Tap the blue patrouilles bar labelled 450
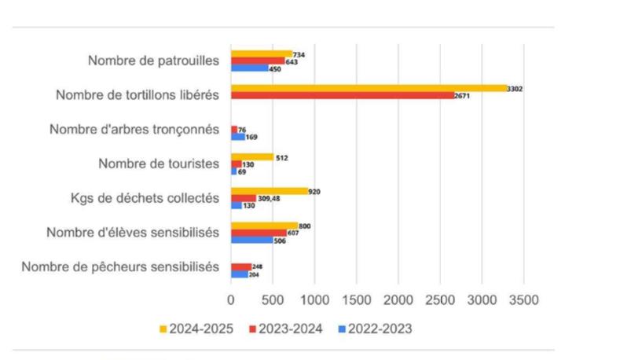click(x=250, y=68)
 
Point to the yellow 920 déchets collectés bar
click(x=270, y=191)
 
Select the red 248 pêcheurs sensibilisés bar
click(x=241, y=266)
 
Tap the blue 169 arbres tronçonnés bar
click(x=238, y=137)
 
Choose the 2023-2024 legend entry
click(x=285, y=329)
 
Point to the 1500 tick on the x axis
click(x=356, y=300)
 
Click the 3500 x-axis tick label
click(x=523, y=300)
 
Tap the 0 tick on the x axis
click(x=231, y=300)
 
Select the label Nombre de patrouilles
click(x=153, y=61)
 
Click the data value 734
click(x=299, y=53)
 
